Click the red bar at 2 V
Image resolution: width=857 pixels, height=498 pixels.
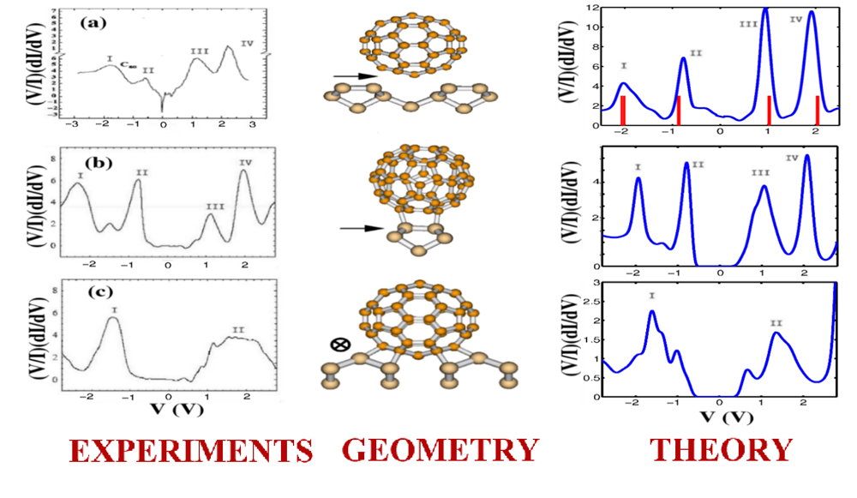point(818,111)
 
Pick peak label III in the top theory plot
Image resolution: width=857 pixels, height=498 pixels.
point(748,23)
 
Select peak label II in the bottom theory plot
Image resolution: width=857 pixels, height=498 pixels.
point(776,323)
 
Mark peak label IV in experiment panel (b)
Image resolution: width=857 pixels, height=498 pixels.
point(246,162)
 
